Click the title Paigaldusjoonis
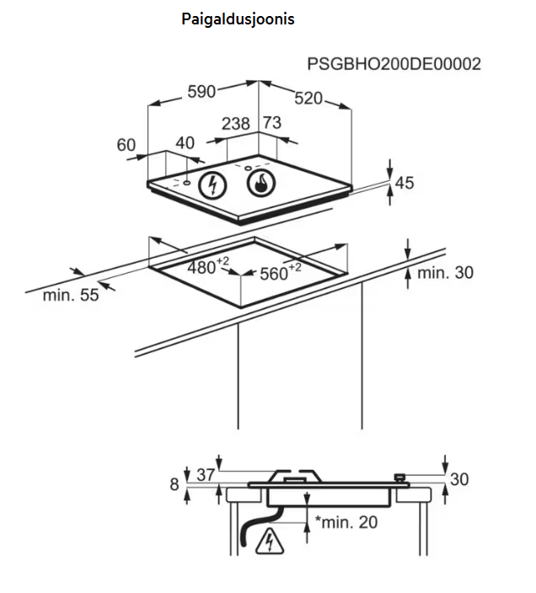tap(238, 19)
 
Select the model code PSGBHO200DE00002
tap(394, 64)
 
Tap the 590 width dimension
tap(202, 91)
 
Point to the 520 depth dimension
tap(308, 99)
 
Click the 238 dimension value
tap(236, 124)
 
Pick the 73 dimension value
tap(271, 123)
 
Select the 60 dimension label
tap(126, 145)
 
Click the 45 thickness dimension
tap(405, 183)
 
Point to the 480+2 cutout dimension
tap(206, 268)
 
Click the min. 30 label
tap(445, 272)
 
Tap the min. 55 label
tap(71, 295)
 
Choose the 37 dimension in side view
tap(206, 476)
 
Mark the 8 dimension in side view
tap(174, 483)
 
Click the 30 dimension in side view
tap(458, 479)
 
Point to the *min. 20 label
tap(346, 522)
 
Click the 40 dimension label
tap(185, 144)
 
